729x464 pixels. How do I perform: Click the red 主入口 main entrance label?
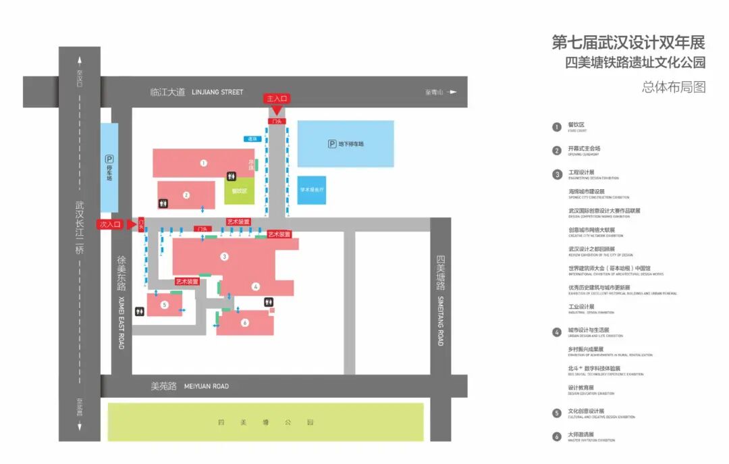pyautogui.click(x=277, y=99)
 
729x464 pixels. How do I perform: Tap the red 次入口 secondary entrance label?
pyautogui.click(x=110, y=224)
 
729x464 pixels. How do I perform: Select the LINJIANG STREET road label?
pyautogui.click(x=217, y=92)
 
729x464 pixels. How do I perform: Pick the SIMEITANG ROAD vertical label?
pyautogui.click(x=440, y=321)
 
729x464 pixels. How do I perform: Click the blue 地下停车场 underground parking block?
pyautogui.click(x=346, y=143)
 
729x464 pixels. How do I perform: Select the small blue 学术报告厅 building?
pyautogui.click(x=312, y=190)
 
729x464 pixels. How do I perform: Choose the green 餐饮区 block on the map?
pyautogui.click(x=240, y=190)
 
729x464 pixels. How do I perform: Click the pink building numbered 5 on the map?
pyautogui.click(x=165, y=305)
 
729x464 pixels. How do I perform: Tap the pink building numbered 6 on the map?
pyautogui.click(x=245, y=323)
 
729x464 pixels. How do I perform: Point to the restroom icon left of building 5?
pyautogui.click(x=140, y=311)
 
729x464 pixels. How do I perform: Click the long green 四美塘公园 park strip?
pyautogui.click(x=266, y=422)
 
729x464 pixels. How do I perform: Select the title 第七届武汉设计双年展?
pyautogui.click(x=628, y=43)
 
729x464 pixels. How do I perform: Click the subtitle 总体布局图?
pyautogui.click(x=673, y=87)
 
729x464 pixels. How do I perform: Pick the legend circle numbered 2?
pyautogui.click(x=557, y=151)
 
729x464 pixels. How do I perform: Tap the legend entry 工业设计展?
pyautogui.click(x=581, y=307)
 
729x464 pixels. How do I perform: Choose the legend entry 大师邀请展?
pyautogui.click(x=581, y=434)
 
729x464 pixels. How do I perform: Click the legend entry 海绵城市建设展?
pyautogui.click(x=587, y=192)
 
